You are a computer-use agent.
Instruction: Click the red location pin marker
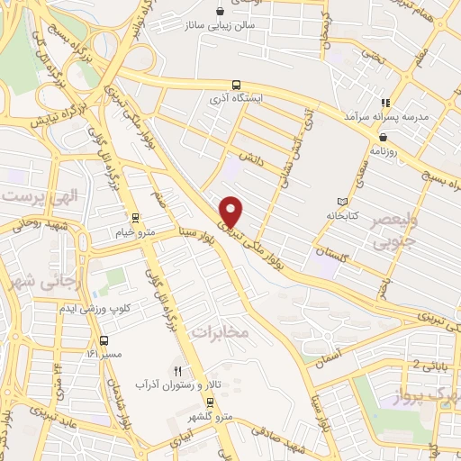point(232,211)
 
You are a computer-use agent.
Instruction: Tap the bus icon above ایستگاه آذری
point(237,84)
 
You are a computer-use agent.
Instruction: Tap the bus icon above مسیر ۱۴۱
point(106,341)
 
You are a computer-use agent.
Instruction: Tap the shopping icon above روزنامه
point(384,137)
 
